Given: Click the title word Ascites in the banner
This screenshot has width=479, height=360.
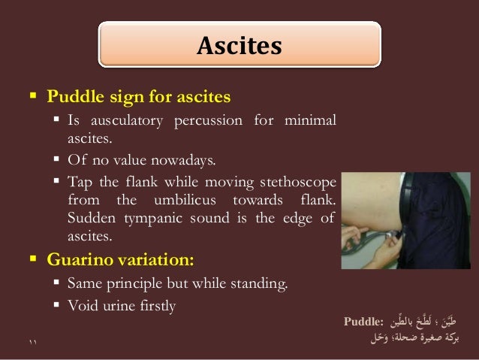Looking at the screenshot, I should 239,47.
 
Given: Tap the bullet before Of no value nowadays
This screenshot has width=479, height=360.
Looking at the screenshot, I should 58,159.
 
